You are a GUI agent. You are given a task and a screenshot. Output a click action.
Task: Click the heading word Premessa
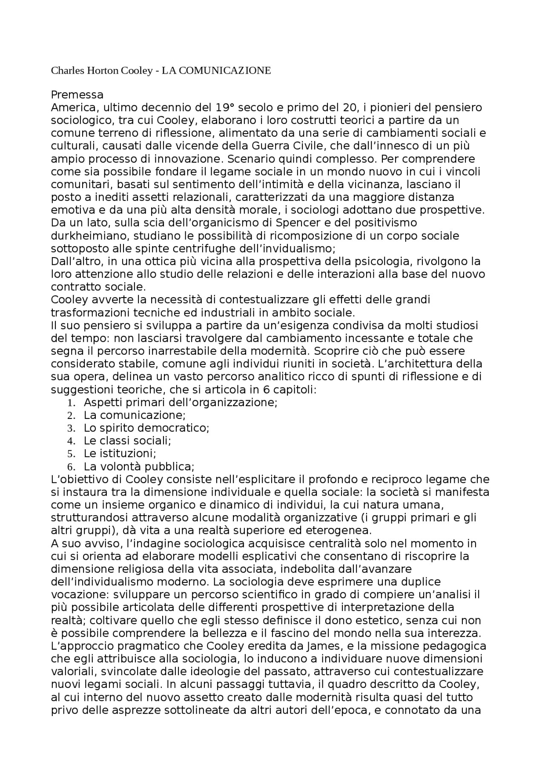pos(77,95)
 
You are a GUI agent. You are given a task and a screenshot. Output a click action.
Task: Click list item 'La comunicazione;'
pos(135,415)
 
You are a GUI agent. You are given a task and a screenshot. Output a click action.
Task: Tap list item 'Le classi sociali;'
pos(127,441)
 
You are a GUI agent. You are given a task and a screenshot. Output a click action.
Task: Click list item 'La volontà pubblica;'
pos(139,467)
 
